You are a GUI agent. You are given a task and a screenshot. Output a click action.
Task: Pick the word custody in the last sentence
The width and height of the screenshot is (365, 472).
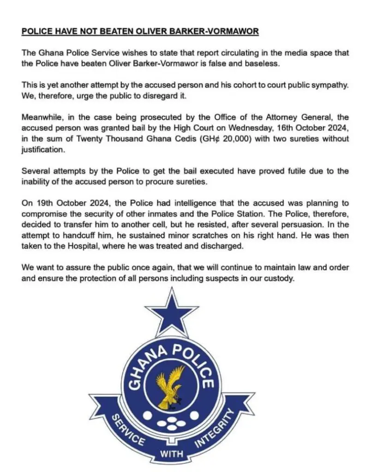pyautogui.click(x=278, y=278)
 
